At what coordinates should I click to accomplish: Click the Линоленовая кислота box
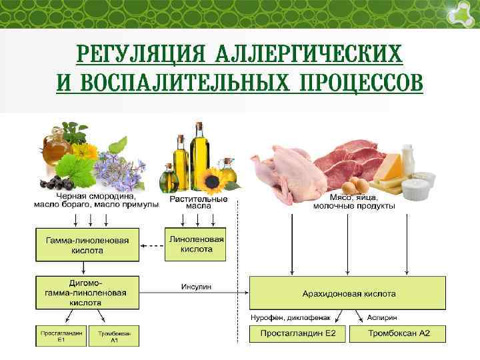pyautogui.click(x=196, y=244)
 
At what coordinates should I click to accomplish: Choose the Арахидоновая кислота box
pyautogui.click(x=347, y=293)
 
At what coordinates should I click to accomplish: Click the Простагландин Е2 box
pyautogui.click(x=297, y=333)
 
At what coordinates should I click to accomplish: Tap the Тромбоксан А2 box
pyautogui.click(x=397, y=333)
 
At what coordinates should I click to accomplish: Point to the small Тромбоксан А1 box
pyautogui.click(x=113, y=335)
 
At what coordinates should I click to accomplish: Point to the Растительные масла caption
pyautogui.click(x=198, y=202)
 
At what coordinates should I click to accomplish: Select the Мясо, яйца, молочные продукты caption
pyautogui.click(x=353, y=202)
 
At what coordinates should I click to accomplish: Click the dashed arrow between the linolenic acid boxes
pyautogui.click(x=151, y=245)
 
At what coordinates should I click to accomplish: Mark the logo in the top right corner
pyautogui.click(x=459, y=13)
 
